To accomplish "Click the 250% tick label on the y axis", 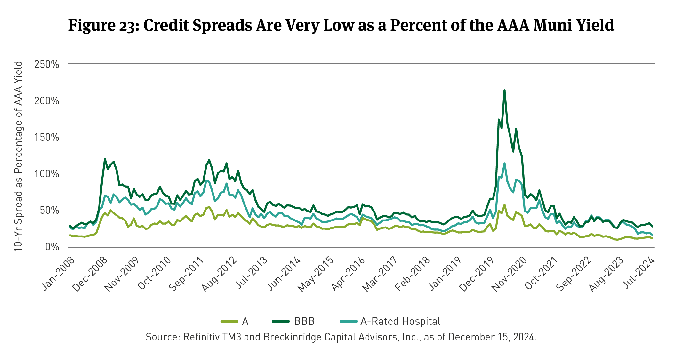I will pos(46,64).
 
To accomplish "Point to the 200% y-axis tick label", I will pos(46,101).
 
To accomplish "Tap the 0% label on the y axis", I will pos(52,247).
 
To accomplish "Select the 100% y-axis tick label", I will pos(46,174).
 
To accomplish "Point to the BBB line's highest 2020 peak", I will pos(504,91).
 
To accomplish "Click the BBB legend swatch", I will pos(281,321).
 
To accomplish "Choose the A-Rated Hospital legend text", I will pos(400,321).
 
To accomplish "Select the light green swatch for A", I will pos(229,321).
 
